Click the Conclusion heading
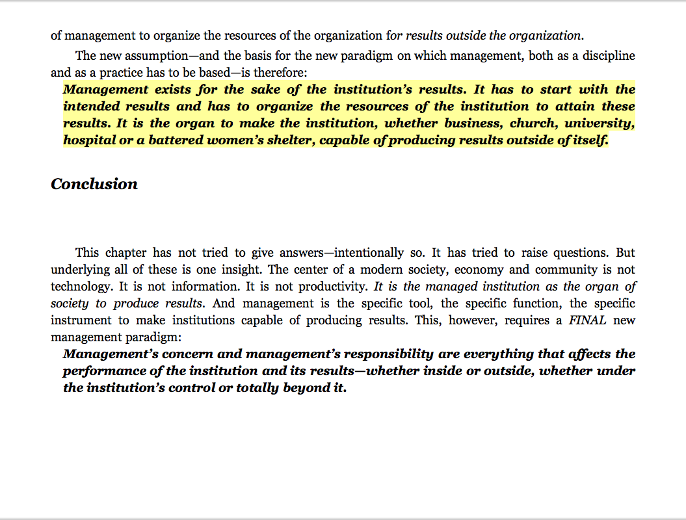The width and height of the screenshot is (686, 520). coord(94,185)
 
